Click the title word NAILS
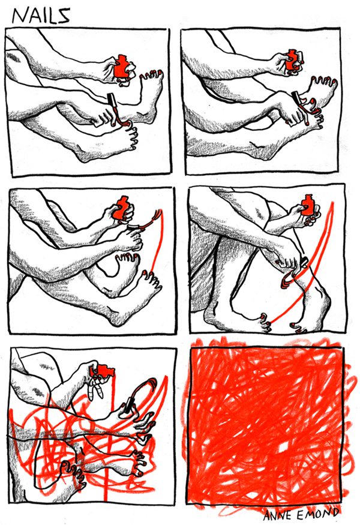coord(41,16)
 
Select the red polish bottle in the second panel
coord(292,60)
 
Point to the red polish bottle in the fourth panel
coord(308,205)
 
